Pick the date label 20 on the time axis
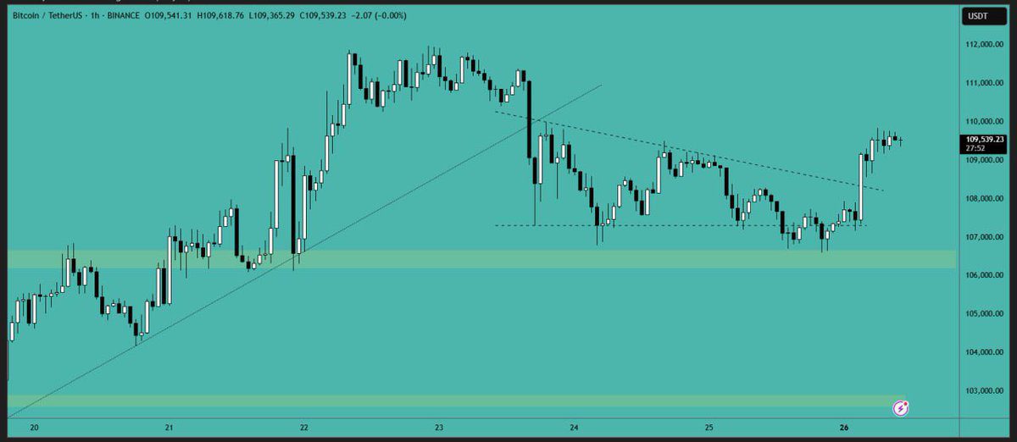(34, 428)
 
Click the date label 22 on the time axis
(304, 428)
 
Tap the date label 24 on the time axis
(575, 428)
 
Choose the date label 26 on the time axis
(844, 428)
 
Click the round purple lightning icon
(902, 409)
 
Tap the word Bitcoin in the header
(27, 14)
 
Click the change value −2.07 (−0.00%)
(379, 14)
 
